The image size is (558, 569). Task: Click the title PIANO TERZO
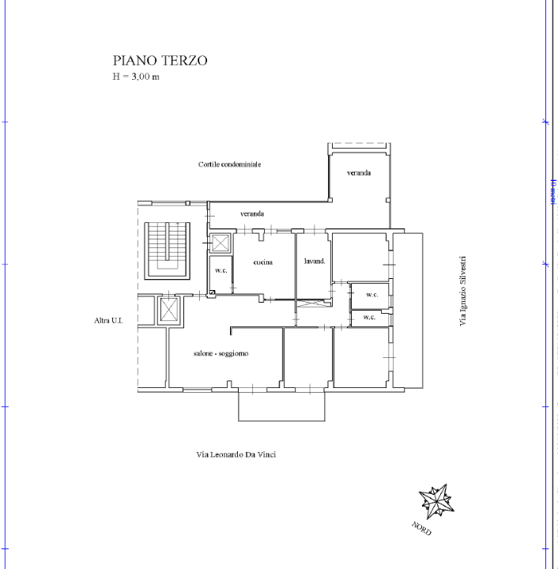(160, 61)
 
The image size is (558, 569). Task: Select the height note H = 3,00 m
(137, 77)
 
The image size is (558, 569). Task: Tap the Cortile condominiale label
(229, 164)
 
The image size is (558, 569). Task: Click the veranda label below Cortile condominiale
(252, 214)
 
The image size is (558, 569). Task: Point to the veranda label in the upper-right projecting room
(358, 173)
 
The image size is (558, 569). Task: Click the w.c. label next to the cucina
(221, 271)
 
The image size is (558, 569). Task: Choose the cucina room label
(262, 262)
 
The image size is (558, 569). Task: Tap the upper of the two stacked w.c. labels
(371, 295)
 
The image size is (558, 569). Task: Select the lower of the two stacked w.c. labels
(368, 317)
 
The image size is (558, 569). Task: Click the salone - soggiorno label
(221, 353)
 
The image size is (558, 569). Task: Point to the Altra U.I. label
(105, 321)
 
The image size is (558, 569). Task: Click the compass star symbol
(435, 500)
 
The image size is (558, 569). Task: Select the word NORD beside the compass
(420, 528)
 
